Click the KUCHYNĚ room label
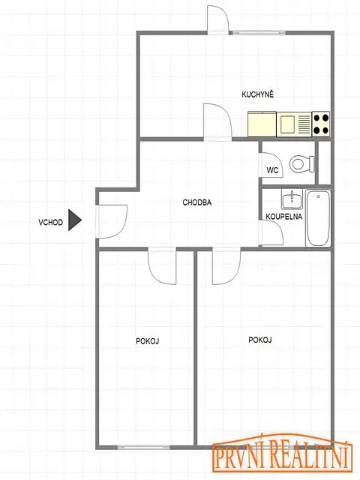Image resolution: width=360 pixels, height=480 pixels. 257,94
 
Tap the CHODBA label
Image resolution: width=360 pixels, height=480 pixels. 196,202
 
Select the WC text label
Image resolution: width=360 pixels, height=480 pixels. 272,170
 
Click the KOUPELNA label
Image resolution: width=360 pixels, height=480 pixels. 283,217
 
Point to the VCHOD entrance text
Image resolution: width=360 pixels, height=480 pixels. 50,222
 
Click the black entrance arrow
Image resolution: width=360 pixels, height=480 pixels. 74,220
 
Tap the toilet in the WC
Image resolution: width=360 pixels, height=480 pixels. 302,163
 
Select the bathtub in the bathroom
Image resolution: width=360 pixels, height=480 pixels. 318,218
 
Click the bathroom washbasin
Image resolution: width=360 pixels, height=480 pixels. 292,198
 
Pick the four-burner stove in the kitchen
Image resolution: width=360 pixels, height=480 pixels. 321,124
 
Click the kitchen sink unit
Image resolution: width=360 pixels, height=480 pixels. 294,124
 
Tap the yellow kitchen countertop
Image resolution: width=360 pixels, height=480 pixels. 262,124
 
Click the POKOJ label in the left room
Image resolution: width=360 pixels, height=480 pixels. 147,340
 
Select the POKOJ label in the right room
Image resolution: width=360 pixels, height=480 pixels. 260,340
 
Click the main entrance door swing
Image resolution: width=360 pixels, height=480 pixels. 112,221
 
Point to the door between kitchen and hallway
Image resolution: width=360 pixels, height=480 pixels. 217,121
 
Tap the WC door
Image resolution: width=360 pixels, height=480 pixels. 271,165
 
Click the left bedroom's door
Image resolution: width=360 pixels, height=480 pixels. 162,265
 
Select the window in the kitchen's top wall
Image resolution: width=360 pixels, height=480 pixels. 259,32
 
